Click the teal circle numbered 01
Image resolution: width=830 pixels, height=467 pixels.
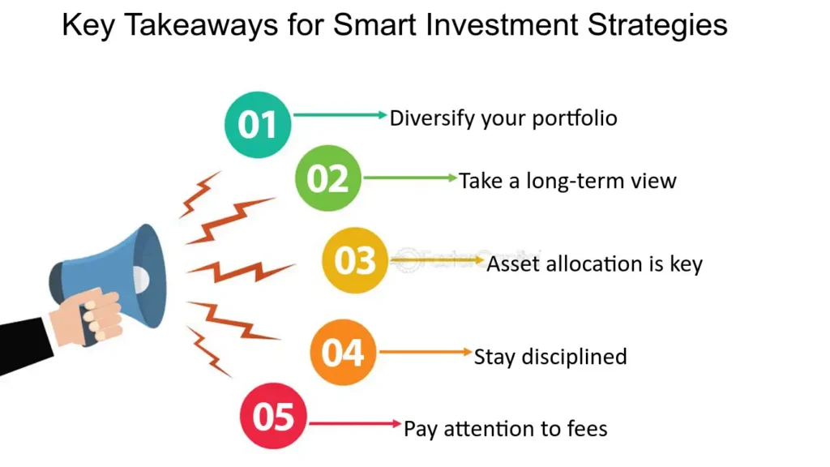point(257,125)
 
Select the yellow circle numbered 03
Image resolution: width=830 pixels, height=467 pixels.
point(355,261)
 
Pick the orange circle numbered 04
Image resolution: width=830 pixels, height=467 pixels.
point(343,353)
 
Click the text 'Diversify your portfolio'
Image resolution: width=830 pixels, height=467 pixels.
point(503,118)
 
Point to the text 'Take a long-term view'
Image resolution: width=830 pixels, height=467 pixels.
point(567,180)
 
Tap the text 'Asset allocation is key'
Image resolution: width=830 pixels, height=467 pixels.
point(594,264)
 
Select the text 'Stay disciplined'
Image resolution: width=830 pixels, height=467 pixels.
point(550,356)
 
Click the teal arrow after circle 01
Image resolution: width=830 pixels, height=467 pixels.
point(340,116)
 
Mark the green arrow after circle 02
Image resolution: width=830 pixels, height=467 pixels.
point(410,178)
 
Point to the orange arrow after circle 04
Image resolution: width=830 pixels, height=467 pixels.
point(426,353)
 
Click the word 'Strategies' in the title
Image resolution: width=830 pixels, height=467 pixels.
point(657,26)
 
